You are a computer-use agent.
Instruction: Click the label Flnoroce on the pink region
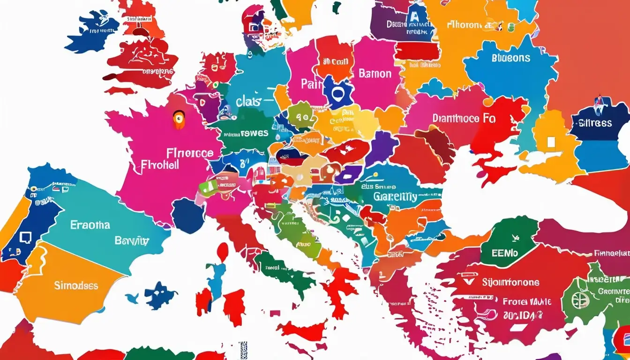[x=190, y=153]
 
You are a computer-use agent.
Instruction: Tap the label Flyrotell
[x=160, y=165]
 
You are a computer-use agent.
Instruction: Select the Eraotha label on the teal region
[x=90, y=225]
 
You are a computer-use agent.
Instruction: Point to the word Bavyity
[x=132, y=241]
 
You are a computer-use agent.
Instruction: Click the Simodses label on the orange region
[x=76, y=285]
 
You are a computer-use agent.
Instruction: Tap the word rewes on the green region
[x=255, y=133]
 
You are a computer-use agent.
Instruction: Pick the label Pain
[x=312, y=84]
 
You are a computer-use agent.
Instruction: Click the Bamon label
[x=375, y=74]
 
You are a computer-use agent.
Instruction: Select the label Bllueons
[x=511, y=58]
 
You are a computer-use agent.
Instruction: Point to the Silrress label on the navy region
[x=595, y=123]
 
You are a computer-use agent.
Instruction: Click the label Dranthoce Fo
[x=464, y=119]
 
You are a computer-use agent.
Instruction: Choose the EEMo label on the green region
[x=505, y=253]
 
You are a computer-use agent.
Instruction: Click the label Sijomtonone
[x=510, y=283]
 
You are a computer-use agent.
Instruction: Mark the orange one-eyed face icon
[x=179, y=120]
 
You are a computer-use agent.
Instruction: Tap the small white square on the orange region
[x=552, y=142]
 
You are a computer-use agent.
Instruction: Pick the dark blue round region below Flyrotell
[x=188, y=216]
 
